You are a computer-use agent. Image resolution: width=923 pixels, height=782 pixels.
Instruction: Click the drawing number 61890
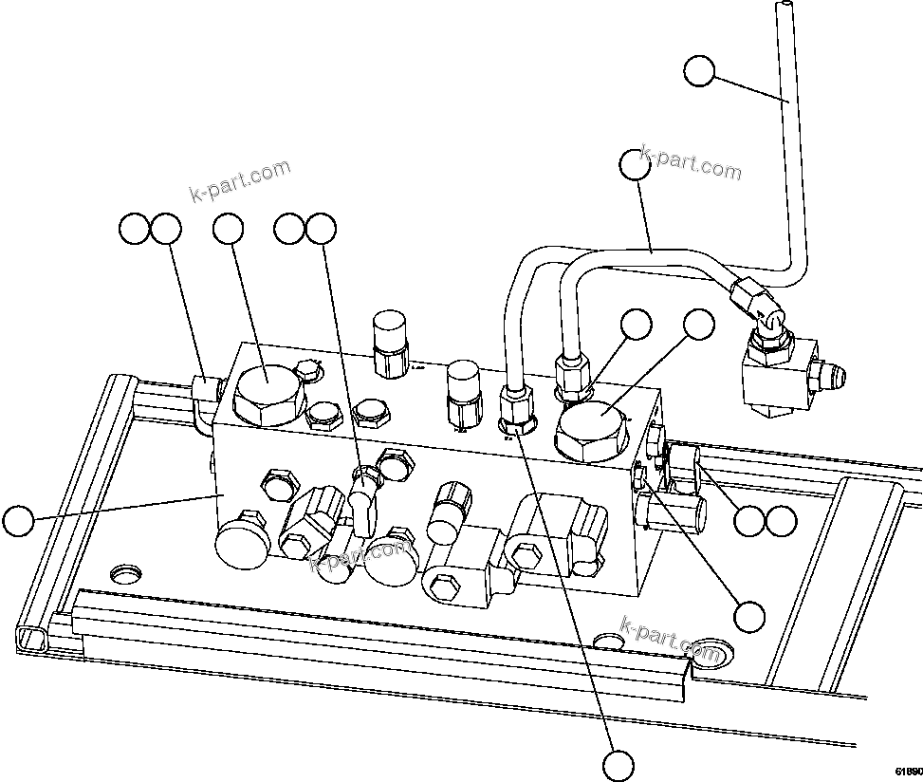coord(906,770)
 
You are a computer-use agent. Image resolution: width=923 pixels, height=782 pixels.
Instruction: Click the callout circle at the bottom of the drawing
coord(618,764)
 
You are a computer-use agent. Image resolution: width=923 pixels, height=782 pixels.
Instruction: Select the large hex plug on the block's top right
coord(592,428)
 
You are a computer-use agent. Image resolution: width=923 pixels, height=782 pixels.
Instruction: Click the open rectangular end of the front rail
coord(31,635)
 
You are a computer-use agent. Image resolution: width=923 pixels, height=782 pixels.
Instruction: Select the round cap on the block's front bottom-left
coord(242,545)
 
